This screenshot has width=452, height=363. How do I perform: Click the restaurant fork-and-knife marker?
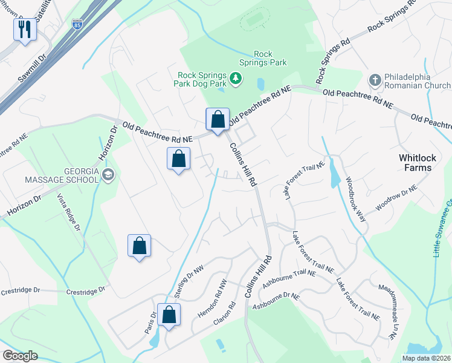tap(25, 29)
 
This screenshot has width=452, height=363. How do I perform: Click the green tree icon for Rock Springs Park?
tap(235, 78)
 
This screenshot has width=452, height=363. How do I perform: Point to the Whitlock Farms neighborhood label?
tap(417, 162)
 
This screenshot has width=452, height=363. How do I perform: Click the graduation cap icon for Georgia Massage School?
tap(108, 175)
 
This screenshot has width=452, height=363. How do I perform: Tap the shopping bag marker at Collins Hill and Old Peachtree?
tap(218, 119)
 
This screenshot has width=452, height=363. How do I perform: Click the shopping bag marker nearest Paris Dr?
tap(169, 315)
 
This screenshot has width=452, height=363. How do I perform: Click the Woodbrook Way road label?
tap(357, 198)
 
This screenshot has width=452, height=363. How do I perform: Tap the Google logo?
tap(20, 356)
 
